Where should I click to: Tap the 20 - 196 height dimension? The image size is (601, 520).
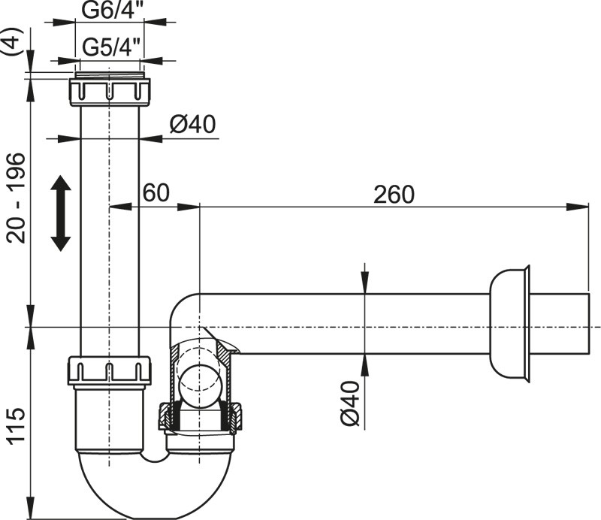coord(16,198)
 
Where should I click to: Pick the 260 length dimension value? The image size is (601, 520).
coord(393,194)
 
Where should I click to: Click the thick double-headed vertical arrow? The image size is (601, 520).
coord(61,213)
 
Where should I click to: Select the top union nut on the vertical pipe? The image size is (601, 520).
coord(110,91)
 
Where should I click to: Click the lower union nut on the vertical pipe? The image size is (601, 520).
coord(110,370)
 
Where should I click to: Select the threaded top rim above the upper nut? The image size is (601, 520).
coord(110,75)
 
